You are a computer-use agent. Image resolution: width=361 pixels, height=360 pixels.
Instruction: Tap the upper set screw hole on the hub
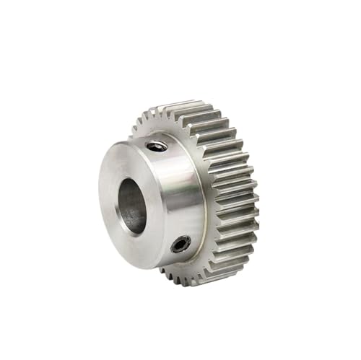157,146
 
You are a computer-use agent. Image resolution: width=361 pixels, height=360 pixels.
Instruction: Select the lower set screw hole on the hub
180,245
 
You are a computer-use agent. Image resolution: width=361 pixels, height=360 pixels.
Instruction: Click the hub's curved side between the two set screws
177,195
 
